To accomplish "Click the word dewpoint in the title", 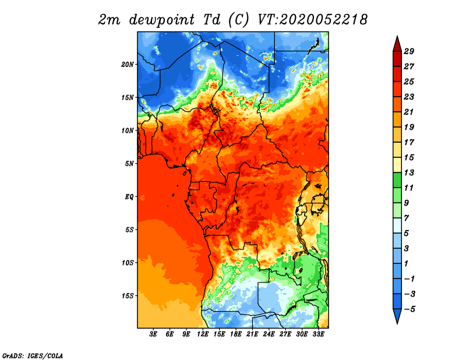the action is pyautogui.click(x=161, y=20).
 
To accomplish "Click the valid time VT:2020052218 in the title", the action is pyautogui.click(x=312, y=20).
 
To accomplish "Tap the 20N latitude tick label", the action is pyautogui.click(x=128, y=65).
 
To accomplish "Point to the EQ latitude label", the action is pyautogui.click(x=129, y=197).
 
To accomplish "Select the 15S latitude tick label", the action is pyautogui.click(x=128, y=296).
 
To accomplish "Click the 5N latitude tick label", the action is pyautogui.click(x=129, y=164).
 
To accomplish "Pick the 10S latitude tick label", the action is pyautogui.click(x=128, y=263).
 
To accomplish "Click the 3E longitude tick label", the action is pyautogui.click(x=153, y=334).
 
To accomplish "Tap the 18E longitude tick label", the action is pyautogui.click(x=236, y=334).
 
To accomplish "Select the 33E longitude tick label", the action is pyautogui.click(x=318, y=334).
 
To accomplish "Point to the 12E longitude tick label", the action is pyautogui.click(x=203, y=334).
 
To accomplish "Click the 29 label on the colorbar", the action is pyautogui.click(x=409, y=51).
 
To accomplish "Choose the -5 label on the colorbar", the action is pyautogui.click(x=409, y=309).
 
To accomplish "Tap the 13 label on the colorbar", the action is pyautogui.click(x=409, y=172).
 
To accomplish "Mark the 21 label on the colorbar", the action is pyautogui.click(x=409, y=112).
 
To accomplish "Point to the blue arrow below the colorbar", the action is pyautogui.click(x=397, y=316).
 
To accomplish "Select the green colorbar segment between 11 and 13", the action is pyautogui.click(x=397, y=180).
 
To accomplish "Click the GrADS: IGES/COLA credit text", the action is pyautogui.click(x=33, y=355).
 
